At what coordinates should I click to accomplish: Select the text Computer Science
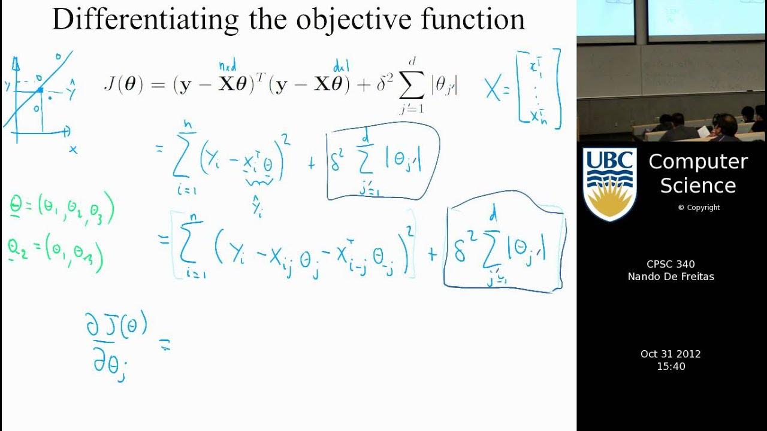click(x=698, y=174)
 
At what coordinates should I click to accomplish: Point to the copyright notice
click(x=699, y=208)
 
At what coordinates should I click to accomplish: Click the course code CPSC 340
click(x=671, y=265)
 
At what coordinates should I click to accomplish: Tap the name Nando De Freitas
click(x=671, y=277)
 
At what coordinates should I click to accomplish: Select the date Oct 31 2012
click(x=671, y=354)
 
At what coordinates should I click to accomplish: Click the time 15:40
click(x=671, y=366)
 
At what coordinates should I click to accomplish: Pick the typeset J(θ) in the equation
click(x=123, y=86)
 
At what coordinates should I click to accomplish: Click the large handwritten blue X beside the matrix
click(x=493, y=90)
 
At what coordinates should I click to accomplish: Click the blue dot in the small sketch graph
click(x=40, y=90)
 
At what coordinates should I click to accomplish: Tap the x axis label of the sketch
click(x=73, y=150)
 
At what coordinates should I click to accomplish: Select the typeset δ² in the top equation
click(x=383, y=86)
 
